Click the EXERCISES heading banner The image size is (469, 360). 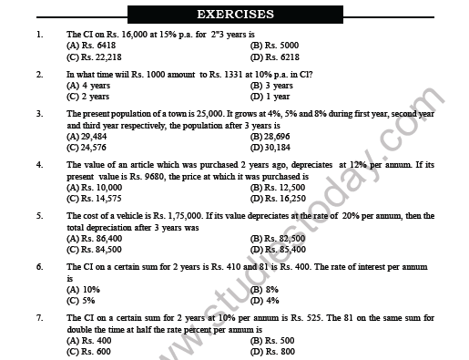[235, 15]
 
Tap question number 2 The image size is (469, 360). [39, 72]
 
